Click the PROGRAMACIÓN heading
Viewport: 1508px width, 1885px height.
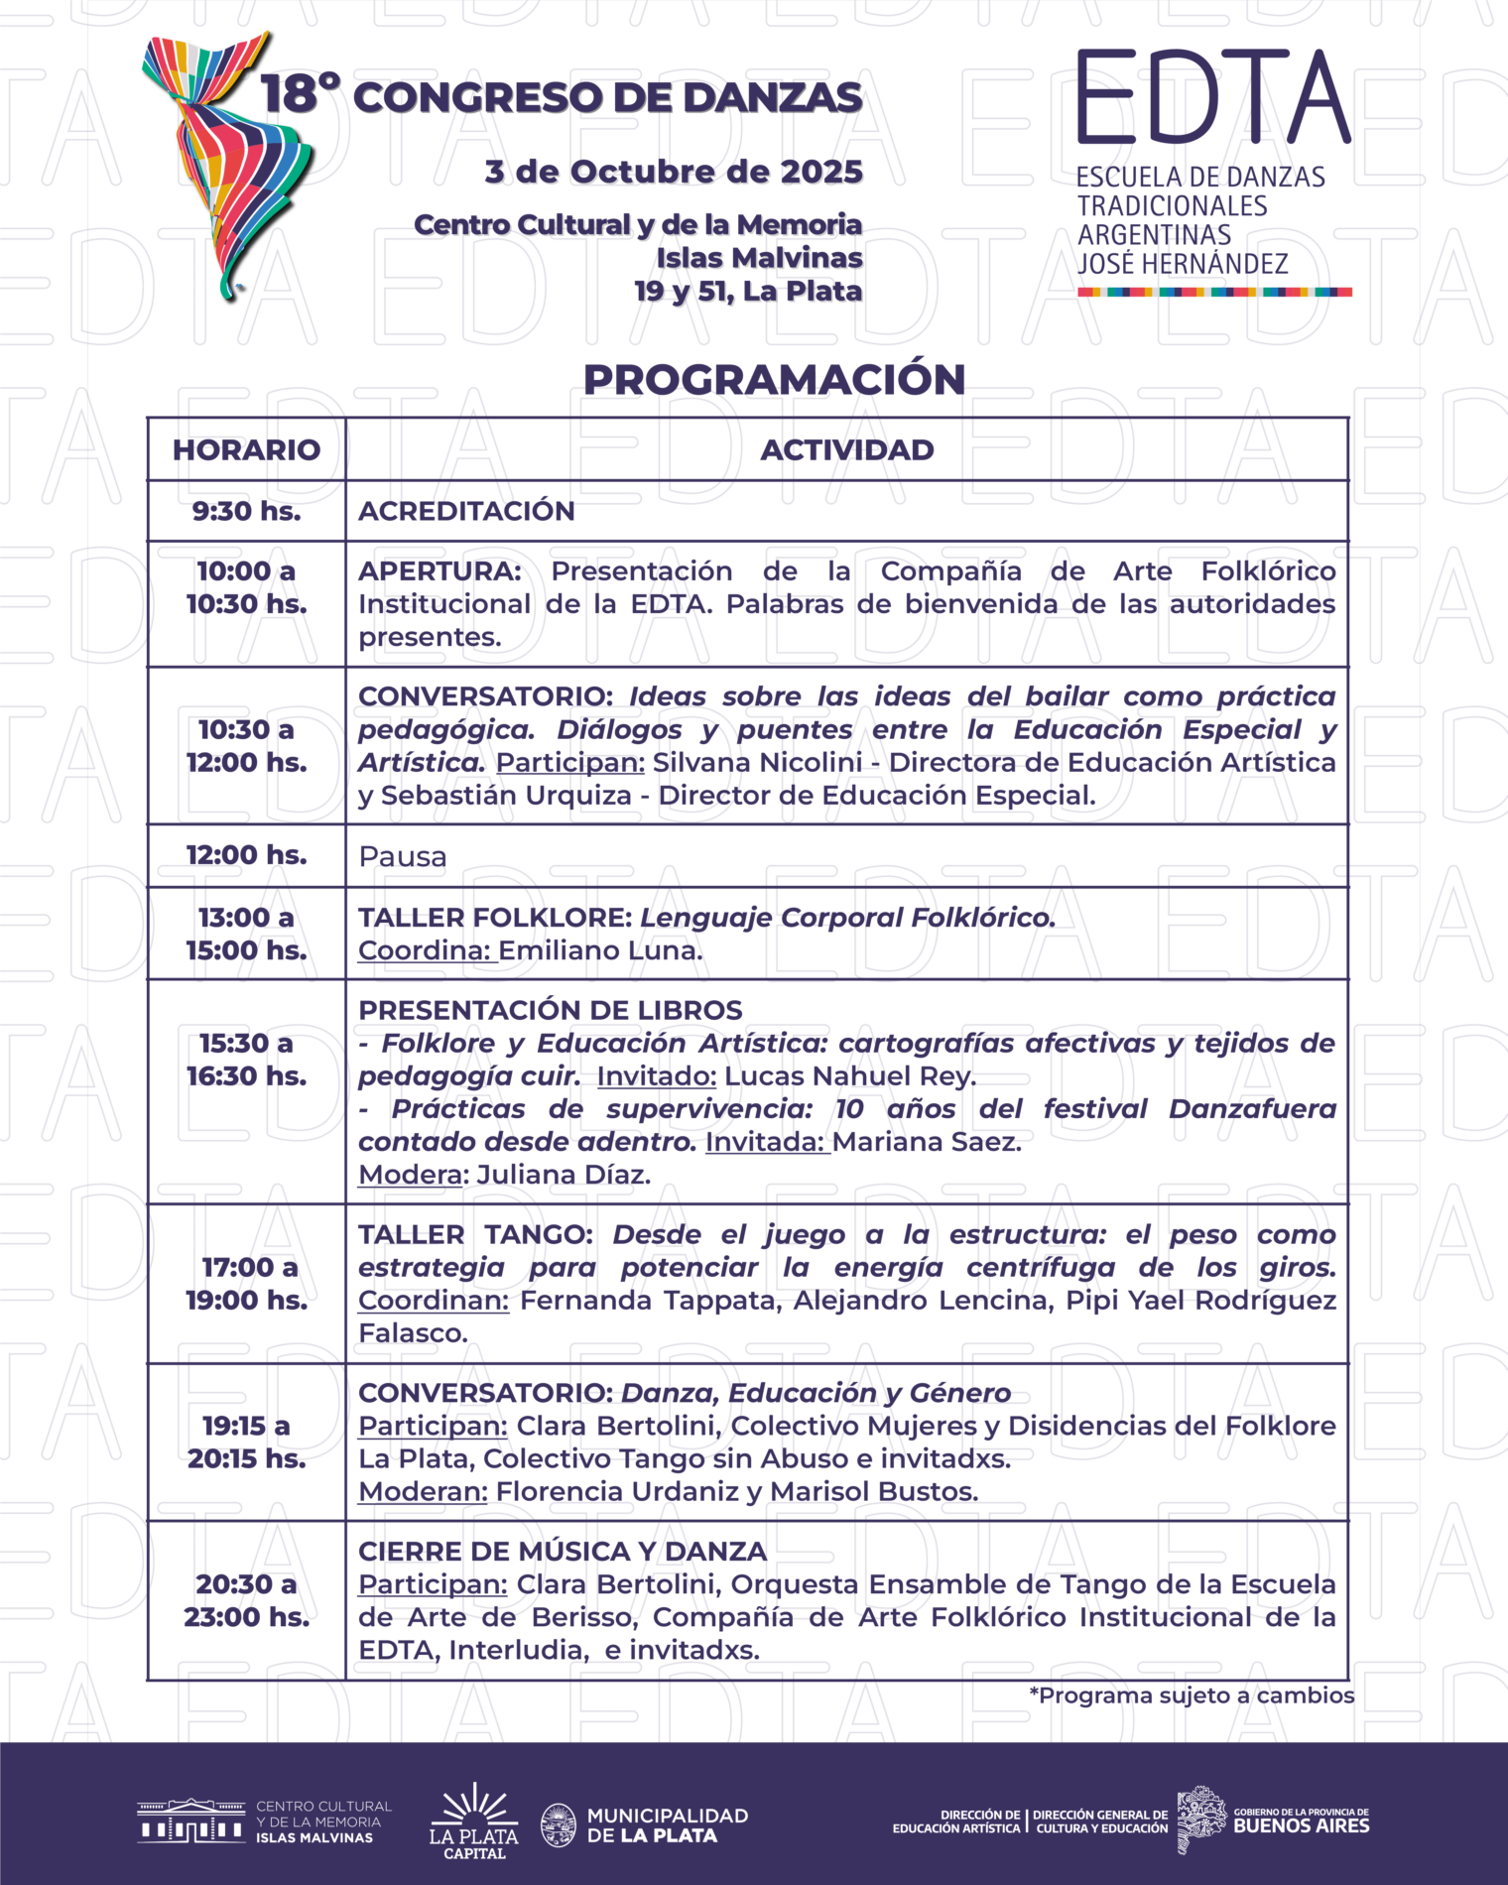(x=774, y=380)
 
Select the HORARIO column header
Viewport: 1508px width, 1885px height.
(x=246, y=449)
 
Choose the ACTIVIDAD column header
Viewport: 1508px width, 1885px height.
(x=847, y=449)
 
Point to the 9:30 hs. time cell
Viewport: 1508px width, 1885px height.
(x=246, y=511)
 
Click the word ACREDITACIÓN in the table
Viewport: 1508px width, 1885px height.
(x=466, y=511)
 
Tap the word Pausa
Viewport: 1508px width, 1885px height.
(x=403, y=856)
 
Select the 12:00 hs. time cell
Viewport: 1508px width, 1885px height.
(x=246, y=855)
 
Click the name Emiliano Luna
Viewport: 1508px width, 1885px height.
(x=600, y=950)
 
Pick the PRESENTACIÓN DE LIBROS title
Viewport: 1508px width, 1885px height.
(x=550, y=1010)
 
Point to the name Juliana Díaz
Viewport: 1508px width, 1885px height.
(x=564, y=1175)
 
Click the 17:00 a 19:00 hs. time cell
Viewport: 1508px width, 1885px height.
(x=246, y=1284)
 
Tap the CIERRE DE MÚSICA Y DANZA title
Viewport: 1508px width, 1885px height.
(x=562, y=1552)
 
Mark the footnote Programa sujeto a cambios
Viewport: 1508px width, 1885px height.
(x=1192, y=1696)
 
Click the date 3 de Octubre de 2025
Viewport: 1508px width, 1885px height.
(x=674, y=172)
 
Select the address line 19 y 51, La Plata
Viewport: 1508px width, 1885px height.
(x=748, y=292)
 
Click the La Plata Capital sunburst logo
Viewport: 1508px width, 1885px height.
(x=473, y=1823)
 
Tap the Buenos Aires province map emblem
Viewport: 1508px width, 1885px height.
(x=1201, y=1820)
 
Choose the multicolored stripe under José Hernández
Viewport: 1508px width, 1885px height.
(x=1214, y=293)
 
